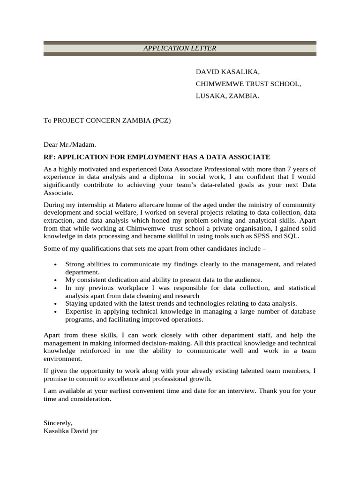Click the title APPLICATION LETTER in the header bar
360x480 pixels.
180,48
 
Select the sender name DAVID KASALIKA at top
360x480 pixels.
227,72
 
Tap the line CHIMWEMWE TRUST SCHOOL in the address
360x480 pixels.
248,84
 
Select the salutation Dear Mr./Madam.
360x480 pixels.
69,145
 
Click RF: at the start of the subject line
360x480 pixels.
49,157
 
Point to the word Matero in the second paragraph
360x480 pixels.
125,205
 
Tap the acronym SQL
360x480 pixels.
292,236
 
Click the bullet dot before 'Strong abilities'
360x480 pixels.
56,265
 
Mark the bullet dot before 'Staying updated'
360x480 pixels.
56,304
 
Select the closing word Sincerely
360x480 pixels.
58,422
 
